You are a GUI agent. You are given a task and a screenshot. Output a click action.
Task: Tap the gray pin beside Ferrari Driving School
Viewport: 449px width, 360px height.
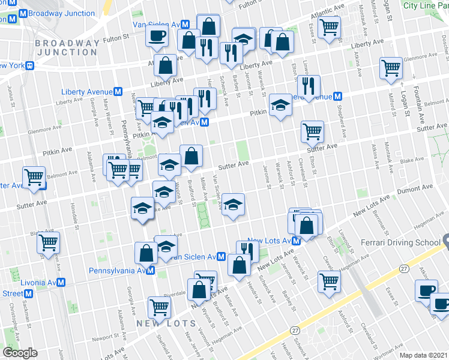point(445,242)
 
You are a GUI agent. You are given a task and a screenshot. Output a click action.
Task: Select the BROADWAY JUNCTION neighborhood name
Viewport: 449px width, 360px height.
point(67,47)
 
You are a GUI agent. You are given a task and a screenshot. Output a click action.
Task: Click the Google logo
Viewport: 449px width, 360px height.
point(20,352)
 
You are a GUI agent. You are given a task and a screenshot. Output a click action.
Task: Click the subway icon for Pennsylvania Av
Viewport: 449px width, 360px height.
point(151,271)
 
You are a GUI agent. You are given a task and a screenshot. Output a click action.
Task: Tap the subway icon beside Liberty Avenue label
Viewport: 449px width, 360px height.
point(119,92)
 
